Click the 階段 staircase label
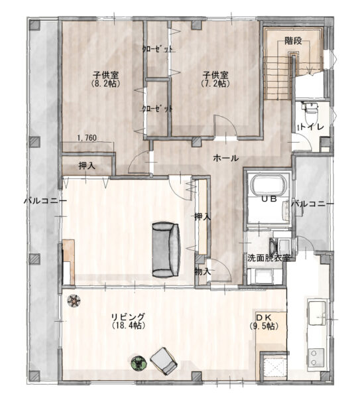coord(293,41)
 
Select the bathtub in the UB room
coord(270,184)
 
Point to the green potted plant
coord(139,364)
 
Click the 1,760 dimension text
coord(87,138)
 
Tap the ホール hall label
coord(226,159)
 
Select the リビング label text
coord(129,317)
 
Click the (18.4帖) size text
coord(129,326)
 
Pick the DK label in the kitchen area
coord(264,317)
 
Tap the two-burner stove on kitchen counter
coord(316,358)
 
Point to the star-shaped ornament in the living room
coord(74,301)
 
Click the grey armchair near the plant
coord(164,362)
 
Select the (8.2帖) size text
coord(105,84)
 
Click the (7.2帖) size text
coord(215,84)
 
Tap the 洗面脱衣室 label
coord(269,258)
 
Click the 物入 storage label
coord(203,272)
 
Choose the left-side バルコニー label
coord(45,201)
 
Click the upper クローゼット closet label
coord(158,48)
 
